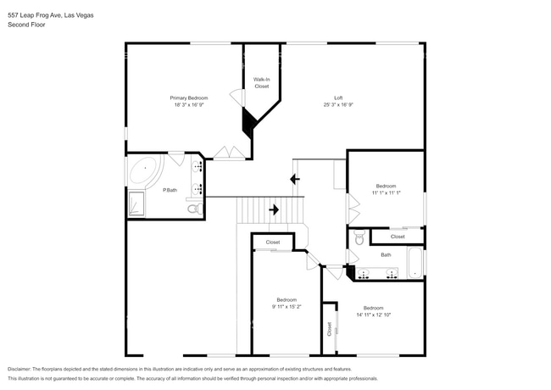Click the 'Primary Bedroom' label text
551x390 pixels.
coord(190,98)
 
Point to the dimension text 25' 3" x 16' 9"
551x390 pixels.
coord(337,106)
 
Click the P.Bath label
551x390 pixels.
coord(170,190)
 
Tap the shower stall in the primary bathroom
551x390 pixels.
coord(136,203)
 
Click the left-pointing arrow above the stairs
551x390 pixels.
coord(294,179)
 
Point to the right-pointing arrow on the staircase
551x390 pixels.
coord(274,209)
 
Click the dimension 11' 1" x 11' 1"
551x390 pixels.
coord(386,193)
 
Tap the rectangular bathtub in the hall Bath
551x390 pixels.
coord(415,263)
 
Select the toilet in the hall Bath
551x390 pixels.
coord(359,239)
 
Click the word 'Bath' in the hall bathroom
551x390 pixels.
coord(386,254)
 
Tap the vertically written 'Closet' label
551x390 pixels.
coord(329,330)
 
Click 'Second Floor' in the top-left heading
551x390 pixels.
coord(26,25)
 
